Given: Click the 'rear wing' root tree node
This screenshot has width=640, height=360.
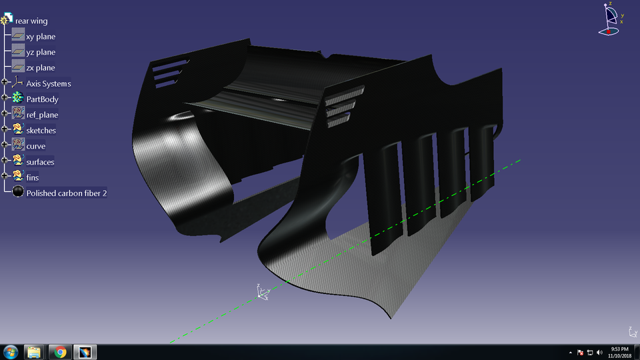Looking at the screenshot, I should coord(31,21).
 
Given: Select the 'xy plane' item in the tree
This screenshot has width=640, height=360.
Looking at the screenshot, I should coord(41,37).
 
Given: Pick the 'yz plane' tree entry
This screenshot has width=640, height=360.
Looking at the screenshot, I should coord(41,52).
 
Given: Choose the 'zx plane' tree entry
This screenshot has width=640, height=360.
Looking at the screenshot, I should coord(41,68).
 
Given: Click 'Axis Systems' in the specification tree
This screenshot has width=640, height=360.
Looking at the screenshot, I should coord(48,83).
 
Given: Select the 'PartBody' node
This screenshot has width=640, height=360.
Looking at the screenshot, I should coord(42,99).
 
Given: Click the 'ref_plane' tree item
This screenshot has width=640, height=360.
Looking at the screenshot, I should coord(42,115).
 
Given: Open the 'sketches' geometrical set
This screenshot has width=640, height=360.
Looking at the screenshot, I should coord(41,131).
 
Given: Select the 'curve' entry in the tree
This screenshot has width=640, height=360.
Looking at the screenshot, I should coord(36,146).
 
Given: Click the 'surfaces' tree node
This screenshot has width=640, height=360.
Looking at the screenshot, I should coord(40,162).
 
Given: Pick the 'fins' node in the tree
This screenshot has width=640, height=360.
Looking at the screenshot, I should coord(33,177).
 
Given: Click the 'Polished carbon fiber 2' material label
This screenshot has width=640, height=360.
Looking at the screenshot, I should coord(67,193).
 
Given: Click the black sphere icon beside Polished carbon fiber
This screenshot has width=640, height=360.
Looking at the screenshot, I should coord(19,193).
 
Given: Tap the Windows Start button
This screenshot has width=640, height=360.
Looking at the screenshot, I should coord(11,351).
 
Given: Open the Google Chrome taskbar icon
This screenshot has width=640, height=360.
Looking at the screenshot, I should coord(60,351).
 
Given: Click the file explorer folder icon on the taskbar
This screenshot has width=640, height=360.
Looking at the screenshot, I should coord(35,351).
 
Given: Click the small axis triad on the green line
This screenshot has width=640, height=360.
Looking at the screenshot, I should coord(262,291).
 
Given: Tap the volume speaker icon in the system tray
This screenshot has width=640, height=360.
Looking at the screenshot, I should coord(599,352).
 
